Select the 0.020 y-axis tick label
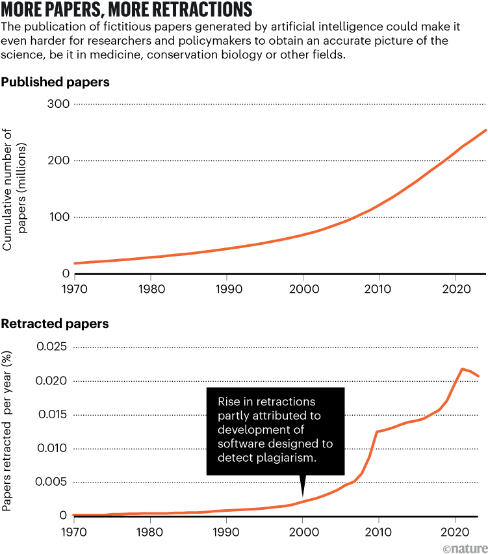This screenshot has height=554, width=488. click(x=53, y=381)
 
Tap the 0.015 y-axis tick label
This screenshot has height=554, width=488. click(x=53, y=415)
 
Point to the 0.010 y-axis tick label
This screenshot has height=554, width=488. click(x=53, y=449)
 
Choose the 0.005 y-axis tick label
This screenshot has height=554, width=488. click(x=53, y=482)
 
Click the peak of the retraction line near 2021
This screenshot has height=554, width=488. click(x=462, y=369)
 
